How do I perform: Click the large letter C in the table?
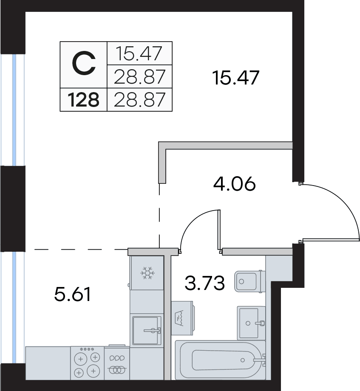[x=84, y=63]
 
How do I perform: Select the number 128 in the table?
[x=83, y=100]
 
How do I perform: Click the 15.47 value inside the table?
[x=139, y=53]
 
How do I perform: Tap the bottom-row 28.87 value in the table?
[x=139, y=99]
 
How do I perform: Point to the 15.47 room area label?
[x=235, y=78]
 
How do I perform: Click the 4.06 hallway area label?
[x=235, y=183]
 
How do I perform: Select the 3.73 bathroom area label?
[x=205, y=283]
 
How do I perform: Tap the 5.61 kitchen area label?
[x=72, y=294]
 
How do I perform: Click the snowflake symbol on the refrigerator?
[x=147, y=273]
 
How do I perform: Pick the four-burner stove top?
[x=88, y=363]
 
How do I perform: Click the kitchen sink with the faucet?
[x=147, y=330]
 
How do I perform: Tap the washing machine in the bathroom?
[x=182, y=318]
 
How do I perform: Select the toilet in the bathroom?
[x=249, y=281]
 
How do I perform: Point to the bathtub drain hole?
[x=242, y=360]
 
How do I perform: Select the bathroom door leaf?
[x=219, y=229]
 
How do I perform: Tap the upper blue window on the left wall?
[x=14, y=110]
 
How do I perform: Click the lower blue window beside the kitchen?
[x=14, y=307]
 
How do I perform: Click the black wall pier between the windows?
[x=13, y=208]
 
